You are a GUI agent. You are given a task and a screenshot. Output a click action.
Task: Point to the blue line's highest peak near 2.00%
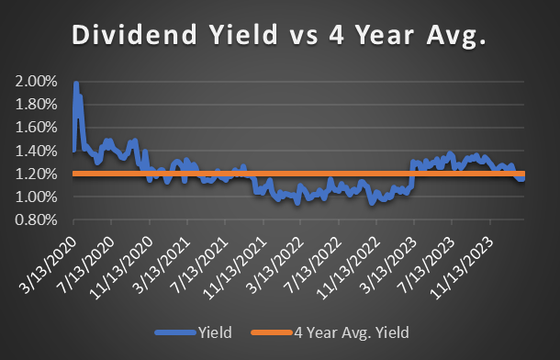click(75, 84)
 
